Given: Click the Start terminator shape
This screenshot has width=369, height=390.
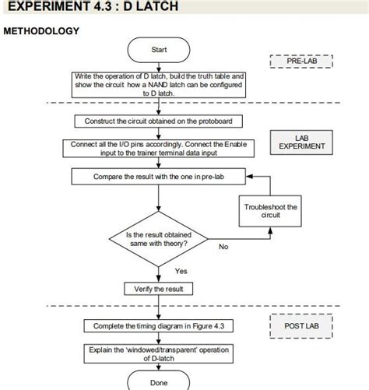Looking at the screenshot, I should pyautogui.click(x=159, y=51).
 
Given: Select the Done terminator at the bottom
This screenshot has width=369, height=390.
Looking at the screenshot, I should pyautogui.click(x=159, y=381).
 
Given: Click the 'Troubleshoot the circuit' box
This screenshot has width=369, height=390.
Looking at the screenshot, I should pyautogui.click(x=270, y=211).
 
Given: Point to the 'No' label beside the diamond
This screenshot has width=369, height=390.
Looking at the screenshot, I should pyautogui.click(x=223, y=247).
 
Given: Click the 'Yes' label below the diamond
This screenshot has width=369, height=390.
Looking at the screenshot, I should pyautogui.click(x=181, y=271).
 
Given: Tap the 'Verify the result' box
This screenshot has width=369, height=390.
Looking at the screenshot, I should pyautogui.click(x=159, y=289).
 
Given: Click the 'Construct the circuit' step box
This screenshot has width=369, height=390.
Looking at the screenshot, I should pyautogui.click(x=159, y=121).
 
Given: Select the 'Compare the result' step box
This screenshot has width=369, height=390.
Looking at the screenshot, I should pyautogui.click(x=159, y=177).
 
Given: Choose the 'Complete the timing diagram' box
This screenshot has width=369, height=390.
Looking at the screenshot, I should pyautogui.click(x=159, y=325).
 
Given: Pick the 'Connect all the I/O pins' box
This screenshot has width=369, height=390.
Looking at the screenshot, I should pyautogui.click(x=159, y=149).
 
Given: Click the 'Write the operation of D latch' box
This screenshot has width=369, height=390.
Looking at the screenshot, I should pyautogui.click(x=159, y=84).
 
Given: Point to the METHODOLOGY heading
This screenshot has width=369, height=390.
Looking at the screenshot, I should pyautogui.click(x=41, y=30).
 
